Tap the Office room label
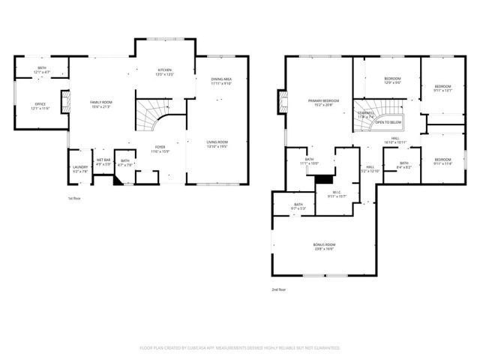pos(40,106)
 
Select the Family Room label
pos(100,103)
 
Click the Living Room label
pos(217,143)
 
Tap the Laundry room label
pos(79,169)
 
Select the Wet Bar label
pos(103,161)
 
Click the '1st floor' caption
pos(74,199)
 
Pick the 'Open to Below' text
pos(388,121)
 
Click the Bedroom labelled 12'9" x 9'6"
pos(392,80)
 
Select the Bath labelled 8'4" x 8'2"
pos(403,165)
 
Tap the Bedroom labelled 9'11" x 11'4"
pos(442,161)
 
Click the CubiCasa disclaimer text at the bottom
pos(239,348)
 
